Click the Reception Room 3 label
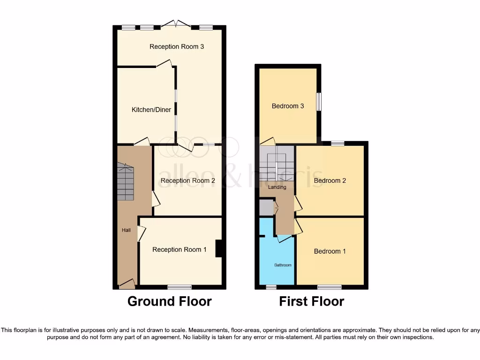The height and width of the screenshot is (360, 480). (177, 46)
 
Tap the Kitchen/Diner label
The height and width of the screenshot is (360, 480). (151, 110)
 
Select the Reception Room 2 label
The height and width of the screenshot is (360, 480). (187, 180)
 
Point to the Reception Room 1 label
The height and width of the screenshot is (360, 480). (179, 249)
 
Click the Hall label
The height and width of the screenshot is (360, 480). (126, 230)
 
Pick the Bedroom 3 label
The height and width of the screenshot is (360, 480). (288, 106)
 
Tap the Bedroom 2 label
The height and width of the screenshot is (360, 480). (330, 180)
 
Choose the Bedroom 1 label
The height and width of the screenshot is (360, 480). (330, 251)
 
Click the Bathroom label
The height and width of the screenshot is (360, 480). (283, 265)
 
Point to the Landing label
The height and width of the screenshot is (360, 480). (277, 187)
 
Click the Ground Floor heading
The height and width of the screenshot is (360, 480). (169, 301)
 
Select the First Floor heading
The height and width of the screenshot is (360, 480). (312, 301)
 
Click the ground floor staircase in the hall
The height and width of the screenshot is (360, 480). (126, 182)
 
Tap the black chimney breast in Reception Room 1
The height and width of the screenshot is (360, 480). (218, 248)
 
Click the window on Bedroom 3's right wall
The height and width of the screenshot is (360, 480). (318, 102)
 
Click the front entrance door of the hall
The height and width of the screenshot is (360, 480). (127, 284)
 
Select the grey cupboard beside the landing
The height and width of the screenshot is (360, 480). (266, 208)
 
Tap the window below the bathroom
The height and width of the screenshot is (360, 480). (271, 286)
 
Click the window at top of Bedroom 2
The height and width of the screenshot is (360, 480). (337, 143)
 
